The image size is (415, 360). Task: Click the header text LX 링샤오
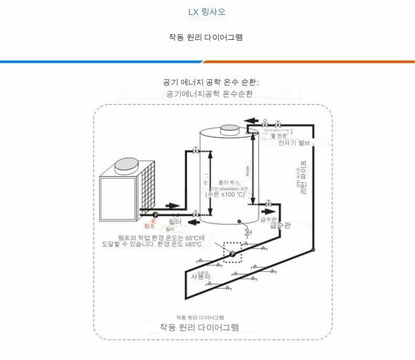[206, 12]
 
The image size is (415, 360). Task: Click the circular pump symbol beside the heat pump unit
[155, 214]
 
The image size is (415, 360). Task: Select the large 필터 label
[175, 222]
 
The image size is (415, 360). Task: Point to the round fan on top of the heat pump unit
[127, 165]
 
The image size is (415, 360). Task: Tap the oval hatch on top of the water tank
[228, 130]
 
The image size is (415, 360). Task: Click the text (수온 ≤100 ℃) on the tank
[225, 194]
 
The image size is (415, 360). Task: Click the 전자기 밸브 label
[295, 143]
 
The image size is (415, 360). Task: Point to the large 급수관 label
[280, 225]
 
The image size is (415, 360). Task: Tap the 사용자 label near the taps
[201, 276]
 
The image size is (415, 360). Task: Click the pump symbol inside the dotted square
[232, 254]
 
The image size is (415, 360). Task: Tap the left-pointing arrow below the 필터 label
[194, 223]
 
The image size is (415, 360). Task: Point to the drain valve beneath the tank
[247, 230]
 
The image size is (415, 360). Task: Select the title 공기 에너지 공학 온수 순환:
[211, 82]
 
